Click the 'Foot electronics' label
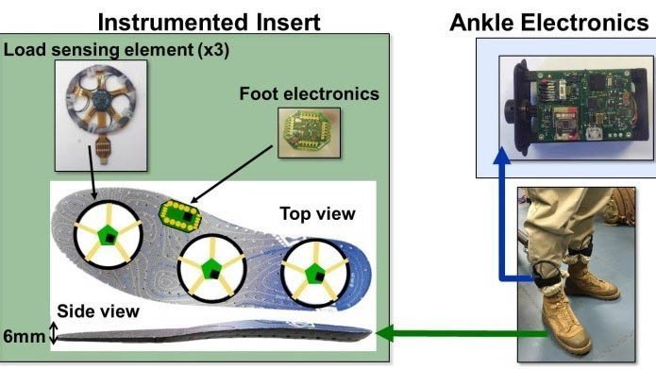point(309,93)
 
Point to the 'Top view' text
point(317,213)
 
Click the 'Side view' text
point(98,310)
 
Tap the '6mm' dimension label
point(23,333)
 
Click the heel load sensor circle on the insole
point(110,235)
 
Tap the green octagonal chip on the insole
point(182,216)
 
